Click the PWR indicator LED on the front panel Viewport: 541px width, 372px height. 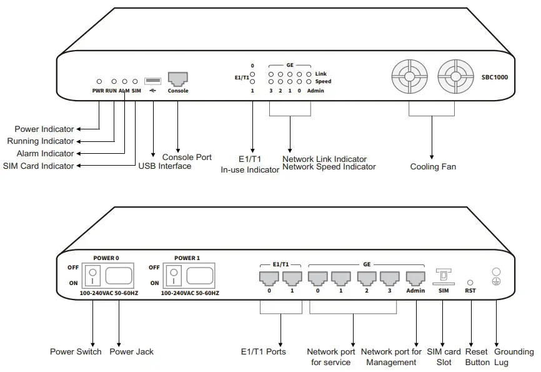99,81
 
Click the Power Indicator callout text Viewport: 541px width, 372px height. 44,129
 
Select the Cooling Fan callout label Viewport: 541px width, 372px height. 433,167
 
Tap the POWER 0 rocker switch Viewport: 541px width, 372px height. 92,273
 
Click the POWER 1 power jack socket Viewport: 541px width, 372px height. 201,274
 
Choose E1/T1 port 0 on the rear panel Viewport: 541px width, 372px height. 269,277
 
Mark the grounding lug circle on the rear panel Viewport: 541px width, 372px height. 497,272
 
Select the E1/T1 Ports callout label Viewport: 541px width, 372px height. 263,352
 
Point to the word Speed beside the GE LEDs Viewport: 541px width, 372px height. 323,82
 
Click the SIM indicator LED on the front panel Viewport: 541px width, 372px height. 135,81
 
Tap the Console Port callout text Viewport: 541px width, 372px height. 187,157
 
